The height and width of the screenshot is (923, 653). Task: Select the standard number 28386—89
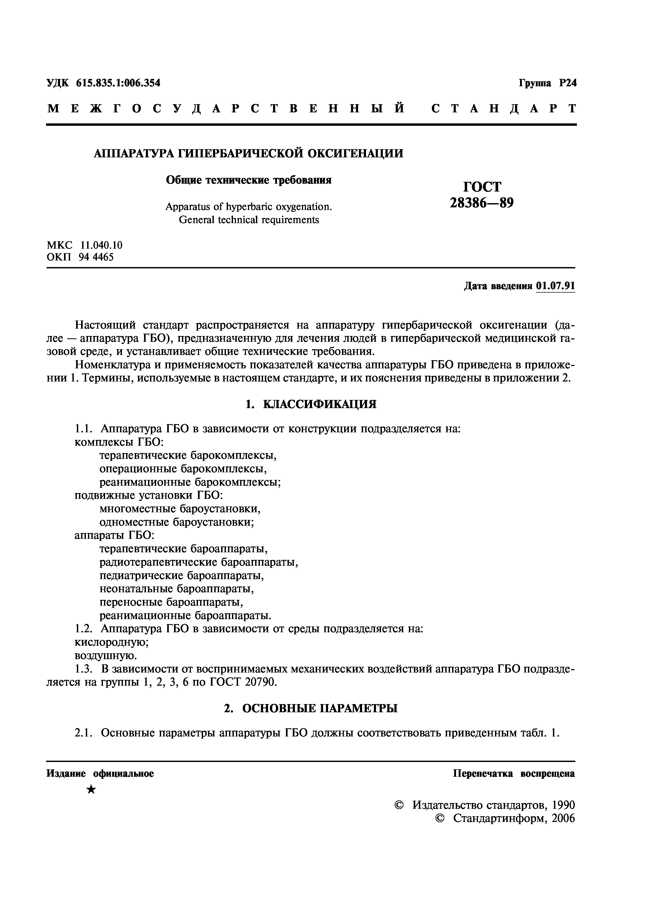click(x=482, y=203)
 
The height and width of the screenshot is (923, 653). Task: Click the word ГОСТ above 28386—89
click(x=482, y=187)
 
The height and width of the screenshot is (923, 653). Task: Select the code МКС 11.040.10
click(x=85, y=245)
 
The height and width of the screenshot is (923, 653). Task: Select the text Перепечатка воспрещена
click(x=514, y=774)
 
